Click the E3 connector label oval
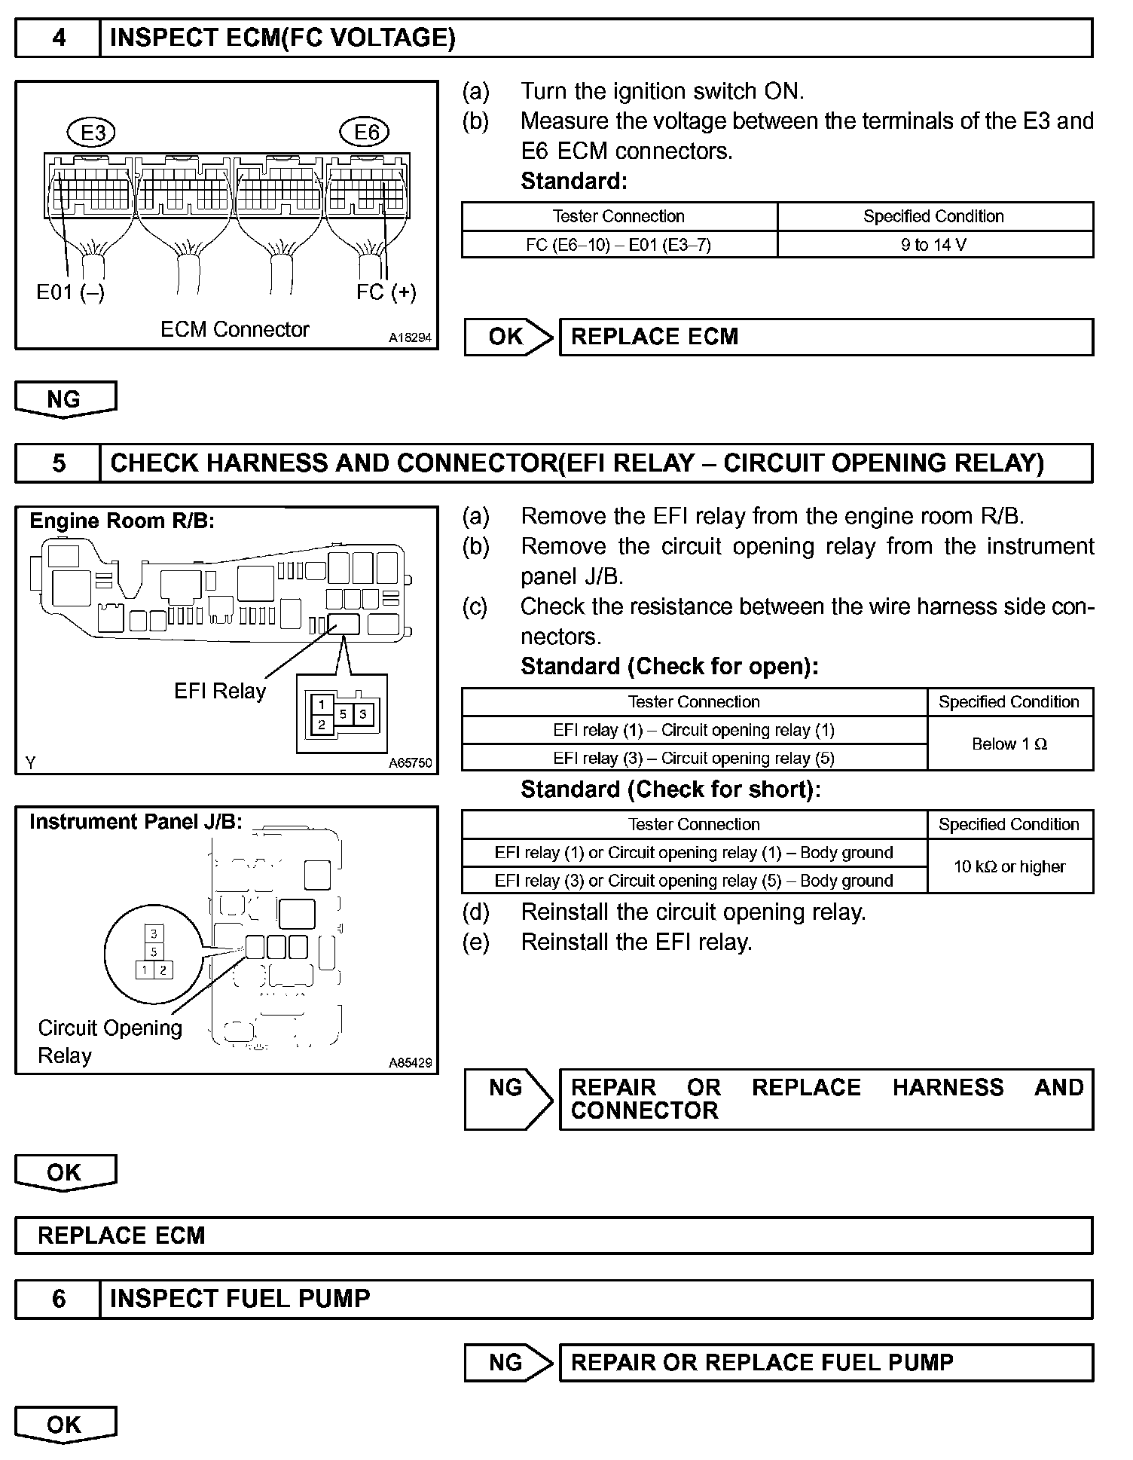(x=93, y=133)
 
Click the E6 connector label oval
(x=366, y=133)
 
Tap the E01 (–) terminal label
(x=70, y=292)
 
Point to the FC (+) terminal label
(x=386, y=292)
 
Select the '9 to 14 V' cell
(x=934, y=245)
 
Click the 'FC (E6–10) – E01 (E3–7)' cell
(x=618, y=245)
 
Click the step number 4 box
(x=58, y=38)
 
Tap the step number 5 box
(x=58, y=463)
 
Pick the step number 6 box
(x=58, y=1299)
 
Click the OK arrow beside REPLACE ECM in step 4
(x=508, y=337)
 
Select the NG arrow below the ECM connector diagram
(x=65, y=399)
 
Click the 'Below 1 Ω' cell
(x=1009, y=744)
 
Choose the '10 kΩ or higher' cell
(x=1009, y=867)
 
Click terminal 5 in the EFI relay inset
(x=343, y=713)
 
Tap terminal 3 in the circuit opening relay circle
(x=154, y=934)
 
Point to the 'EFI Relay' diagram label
(x=220, y=692)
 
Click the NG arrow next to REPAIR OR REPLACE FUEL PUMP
(x=508, y=1362)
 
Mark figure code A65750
(x=411, y=763)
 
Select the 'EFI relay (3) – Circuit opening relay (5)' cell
(x=694, y=758)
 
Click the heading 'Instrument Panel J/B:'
(x=136, y=822)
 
